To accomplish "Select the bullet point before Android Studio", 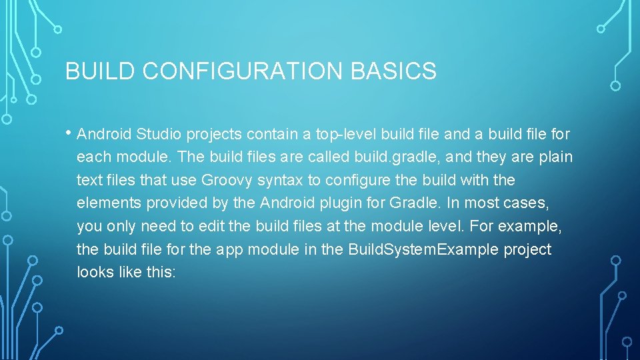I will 70,132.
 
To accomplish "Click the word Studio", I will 159,135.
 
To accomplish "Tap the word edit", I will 209,226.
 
